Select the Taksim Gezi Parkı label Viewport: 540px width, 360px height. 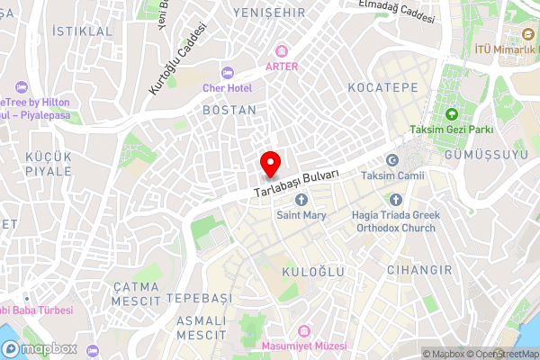pos(451,130)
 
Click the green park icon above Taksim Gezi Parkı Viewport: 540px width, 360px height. pos(451,113)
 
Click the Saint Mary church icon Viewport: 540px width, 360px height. pos(301,199)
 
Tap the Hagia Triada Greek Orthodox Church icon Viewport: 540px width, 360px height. pos(395,199)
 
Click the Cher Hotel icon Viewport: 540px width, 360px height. pos(225,72)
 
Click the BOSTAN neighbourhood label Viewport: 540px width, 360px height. pos(230,110)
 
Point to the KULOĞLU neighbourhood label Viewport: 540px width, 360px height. pos(309,245)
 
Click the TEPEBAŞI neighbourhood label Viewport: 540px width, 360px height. pos(198,298)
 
